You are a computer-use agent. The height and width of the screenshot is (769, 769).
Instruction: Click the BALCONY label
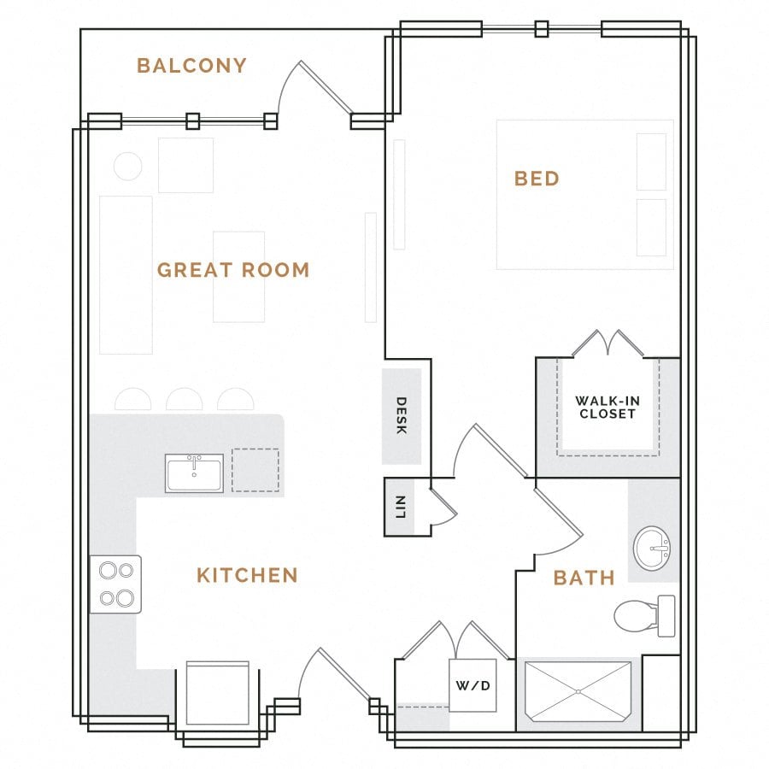pos(191,66)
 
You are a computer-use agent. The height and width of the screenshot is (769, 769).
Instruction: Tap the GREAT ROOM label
pos(233,270)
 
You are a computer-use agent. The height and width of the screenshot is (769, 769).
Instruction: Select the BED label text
pos(537,179)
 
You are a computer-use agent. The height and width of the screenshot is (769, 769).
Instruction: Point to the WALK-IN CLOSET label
pos(606,407)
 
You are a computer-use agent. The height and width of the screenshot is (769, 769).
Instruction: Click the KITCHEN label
pos(247,575)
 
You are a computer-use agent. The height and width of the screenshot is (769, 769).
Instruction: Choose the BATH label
pos(584,578)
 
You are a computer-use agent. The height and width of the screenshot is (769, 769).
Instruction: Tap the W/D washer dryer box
pos(473,685)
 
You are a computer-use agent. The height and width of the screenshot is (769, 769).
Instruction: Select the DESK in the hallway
pos(401,416)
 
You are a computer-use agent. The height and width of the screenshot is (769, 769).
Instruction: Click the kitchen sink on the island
pos(194,473)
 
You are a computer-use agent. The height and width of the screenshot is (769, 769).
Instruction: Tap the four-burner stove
pos(115,584)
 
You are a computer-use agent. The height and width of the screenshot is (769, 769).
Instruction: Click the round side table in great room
pos(128,166)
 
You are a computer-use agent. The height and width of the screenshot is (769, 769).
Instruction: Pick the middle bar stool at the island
pos(185,400)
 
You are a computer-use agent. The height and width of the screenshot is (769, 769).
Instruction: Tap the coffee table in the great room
pos(238,277)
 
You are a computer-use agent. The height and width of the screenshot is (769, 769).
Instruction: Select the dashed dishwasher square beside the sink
pos(255,471)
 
